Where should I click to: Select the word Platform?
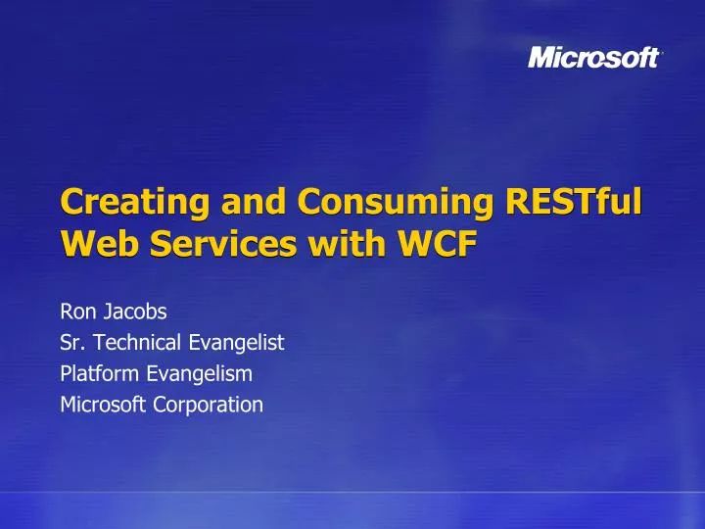100,373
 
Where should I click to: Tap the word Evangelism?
199,373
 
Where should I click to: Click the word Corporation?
209,404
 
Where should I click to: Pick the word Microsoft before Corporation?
104,404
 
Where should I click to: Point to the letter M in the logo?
541,58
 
